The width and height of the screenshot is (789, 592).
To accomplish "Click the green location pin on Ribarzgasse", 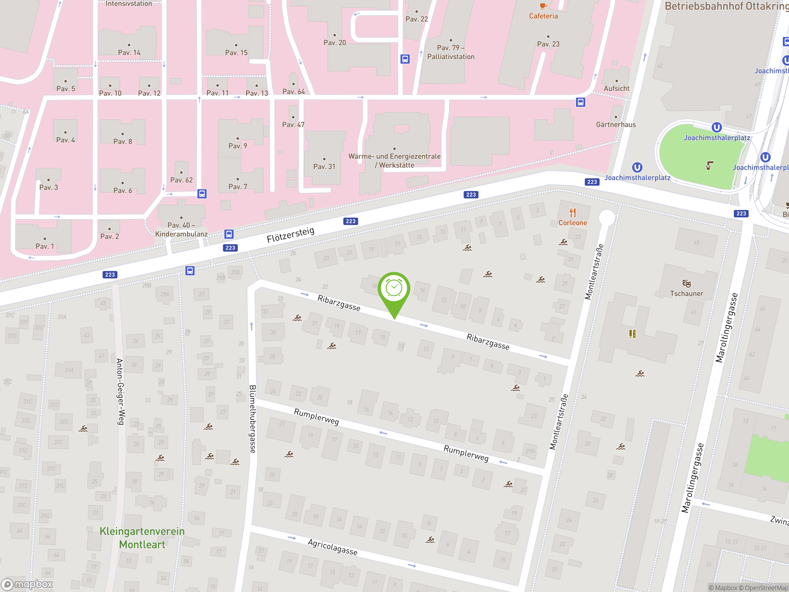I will (394, 289).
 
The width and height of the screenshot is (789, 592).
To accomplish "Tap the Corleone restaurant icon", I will (573, 213).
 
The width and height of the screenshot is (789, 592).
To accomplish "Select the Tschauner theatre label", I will (686, 293).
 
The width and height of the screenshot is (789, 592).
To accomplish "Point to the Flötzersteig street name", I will (290, 234).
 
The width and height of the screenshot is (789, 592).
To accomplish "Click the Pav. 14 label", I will (129, 52).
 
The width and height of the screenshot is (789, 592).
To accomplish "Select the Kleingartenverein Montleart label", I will (142, 538).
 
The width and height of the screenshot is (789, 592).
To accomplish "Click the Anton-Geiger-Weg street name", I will (120, 392).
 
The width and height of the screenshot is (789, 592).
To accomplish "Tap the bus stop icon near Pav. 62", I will (202, 194).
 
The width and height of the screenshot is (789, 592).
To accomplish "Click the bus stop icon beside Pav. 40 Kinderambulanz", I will (229, 234).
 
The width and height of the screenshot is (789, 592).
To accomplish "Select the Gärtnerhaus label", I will (616, 125).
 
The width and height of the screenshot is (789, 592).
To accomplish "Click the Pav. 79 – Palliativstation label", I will (451, 52).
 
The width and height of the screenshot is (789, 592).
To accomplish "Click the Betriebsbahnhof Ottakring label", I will (726, 6).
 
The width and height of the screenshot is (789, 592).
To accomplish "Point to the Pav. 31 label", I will (324, 166).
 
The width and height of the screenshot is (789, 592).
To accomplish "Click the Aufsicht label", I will (616, 88).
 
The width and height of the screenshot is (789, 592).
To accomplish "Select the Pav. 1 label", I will (45, 246).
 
